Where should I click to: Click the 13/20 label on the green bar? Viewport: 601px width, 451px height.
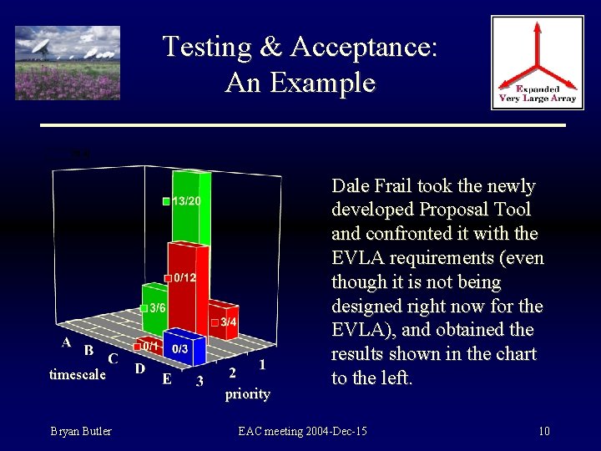186,202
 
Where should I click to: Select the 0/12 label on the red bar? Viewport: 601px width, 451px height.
184,277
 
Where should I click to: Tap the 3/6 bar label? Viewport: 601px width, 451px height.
157,308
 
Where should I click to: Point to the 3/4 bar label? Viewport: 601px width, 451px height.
228,322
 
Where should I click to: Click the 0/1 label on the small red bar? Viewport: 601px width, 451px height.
150,345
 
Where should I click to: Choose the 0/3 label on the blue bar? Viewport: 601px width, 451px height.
179,348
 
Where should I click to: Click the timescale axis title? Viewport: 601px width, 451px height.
77,375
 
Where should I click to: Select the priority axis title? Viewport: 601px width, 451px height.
248,393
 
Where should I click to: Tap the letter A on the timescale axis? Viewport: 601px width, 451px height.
66,342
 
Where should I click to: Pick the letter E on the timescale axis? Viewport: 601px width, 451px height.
167,380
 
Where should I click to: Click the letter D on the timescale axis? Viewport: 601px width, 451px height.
141,368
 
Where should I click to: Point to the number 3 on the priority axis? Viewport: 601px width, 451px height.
199,382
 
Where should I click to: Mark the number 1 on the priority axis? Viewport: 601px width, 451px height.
263,364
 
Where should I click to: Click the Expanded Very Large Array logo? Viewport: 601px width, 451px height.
537,63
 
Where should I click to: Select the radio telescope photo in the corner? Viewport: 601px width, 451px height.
68,63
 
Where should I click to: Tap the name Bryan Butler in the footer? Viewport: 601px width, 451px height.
81,431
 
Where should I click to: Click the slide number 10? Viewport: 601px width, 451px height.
543,431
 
